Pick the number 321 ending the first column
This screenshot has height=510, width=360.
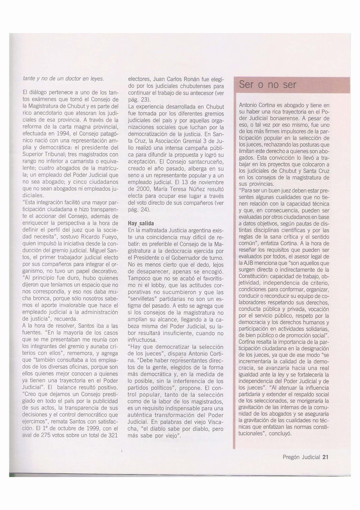point(113,434)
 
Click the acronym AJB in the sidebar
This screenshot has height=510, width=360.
point(245,262)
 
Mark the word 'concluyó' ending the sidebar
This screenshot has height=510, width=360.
point(279,433)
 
